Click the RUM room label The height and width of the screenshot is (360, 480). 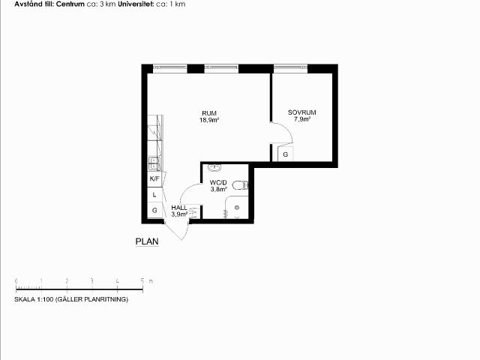(x=209, y=113)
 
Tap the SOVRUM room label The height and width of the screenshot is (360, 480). (x=301, y=112)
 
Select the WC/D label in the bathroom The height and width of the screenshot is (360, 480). (x=218, y=183)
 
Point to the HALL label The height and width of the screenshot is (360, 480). (x=179, y=208)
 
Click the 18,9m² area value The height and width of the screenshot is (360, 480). (x=209, y=120)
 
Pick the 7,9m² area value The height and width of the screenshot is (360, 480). (x=302, y=119)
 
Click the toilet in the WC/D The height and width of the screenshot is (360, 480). (x=240, y=185)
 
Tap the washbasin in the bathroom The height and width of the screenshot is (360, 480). (x=215, y=167)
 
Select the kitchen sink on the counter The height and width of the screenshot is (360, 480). (x=154, y=163)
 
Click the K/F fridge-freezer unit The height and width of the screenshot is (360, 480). (x=154, y=178)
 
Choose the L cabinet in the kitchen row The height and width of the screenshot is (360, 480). (x=154, y=195)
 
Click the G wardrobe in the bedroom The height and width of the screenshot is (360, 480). (x=285, y=154)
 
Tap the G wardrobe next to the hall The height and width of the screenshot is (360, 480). (x=154, y=210)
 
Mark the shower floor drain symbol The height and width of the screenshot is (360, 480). (x=237, y=208)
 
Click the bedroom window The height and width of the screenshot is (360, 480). (x=290, y=68)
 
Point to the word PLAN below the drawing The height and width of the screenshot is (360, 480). (x=147, y=241)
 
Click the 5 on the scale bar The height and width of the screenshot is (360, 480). (x=142, y=280)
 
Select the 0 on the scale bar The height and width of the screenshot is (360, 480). (x=16, y=280)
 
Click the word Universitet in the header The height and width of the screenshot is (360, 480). (x=136, y=4)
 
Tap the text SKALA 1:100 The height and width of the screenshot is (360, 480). (x=34, y=299)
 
